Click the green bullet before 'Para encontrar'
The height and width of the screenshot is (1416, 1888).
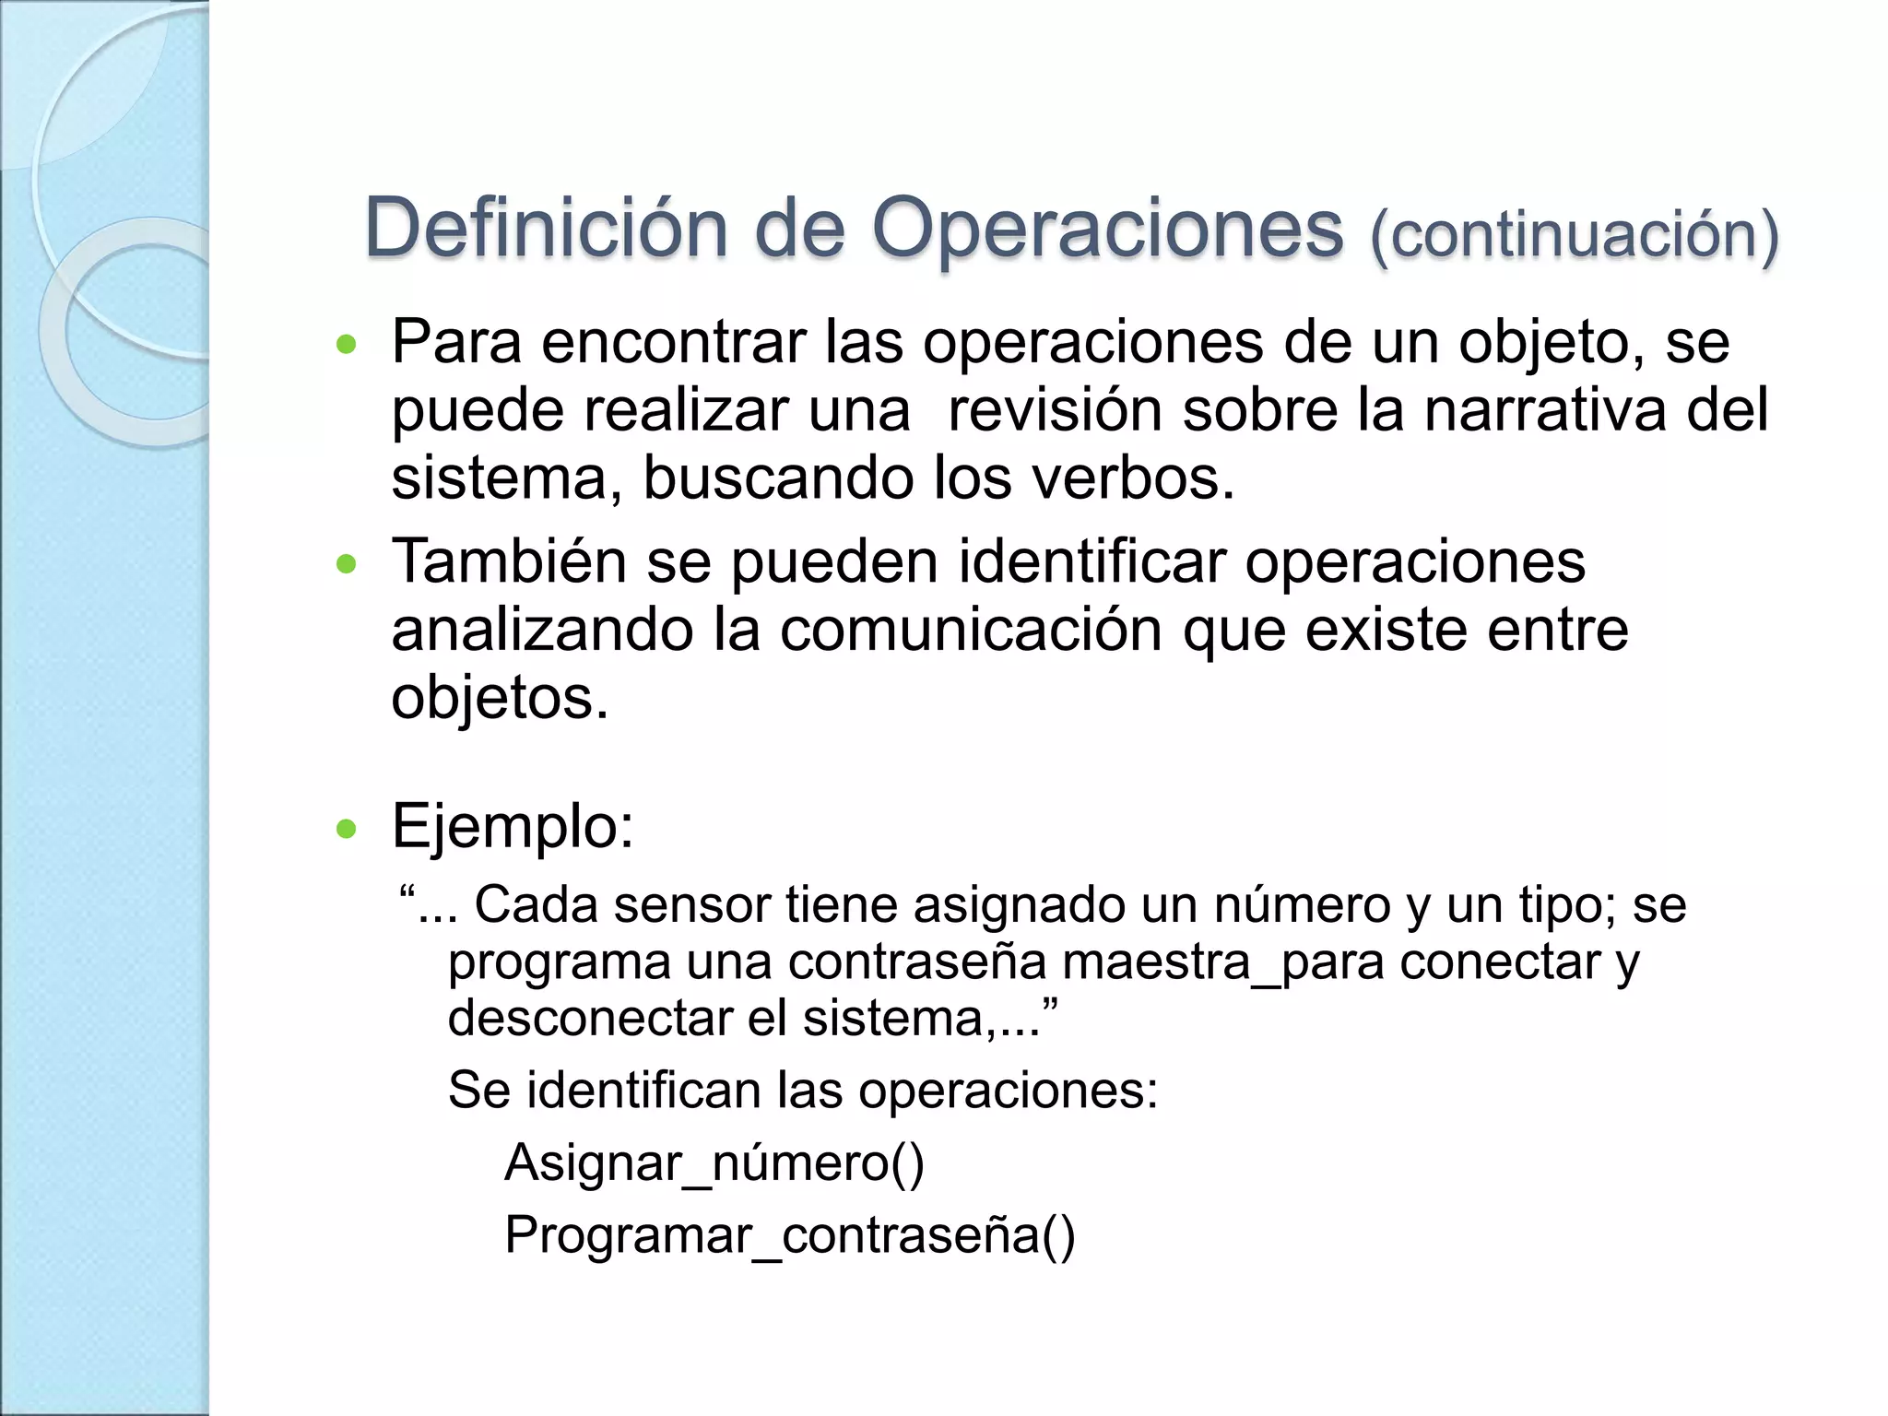click(347, 346)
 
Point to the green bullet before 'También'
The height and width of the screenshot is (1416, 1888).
click(347, 564)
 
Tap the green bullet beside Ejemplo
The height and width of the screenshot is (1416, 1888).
click(347, 829)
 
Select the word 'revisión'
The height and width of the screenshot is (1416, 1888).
click(1055, 410)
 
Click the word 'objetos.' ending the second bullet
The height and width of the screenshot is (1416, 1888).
click(501, 698)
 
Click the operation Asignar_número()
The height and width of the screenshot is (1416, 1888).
click(714, 1163)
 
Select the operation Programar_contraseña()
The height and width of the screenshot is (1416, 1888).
click(790, 1235)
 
